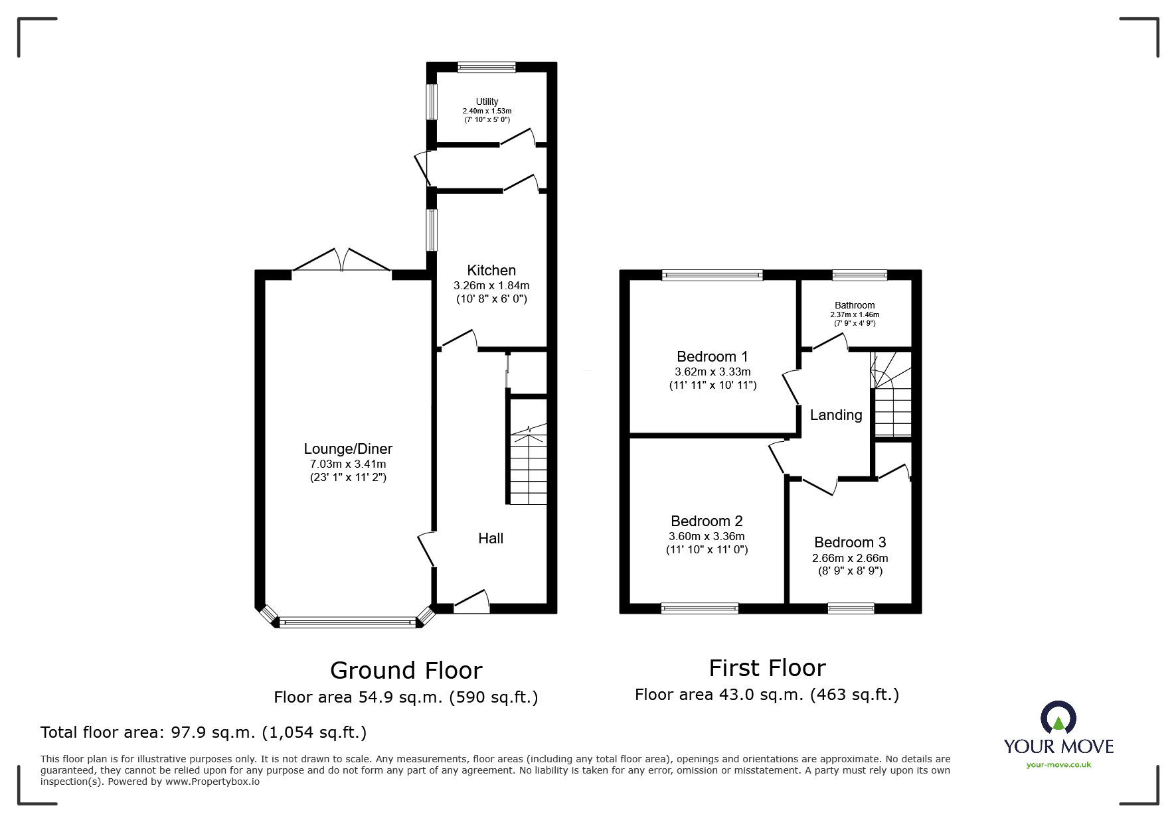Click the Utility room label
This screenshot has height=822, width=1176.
tap(487, 102)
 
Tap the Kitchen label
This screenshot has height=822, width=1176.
tap(491, 270)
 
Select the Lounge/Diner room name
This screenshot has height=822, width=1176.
tap(348, 448)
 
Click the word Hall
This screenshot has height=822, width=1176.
tap(491, 538)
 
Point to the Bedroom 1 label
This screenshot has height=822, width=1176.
tap(713, 356)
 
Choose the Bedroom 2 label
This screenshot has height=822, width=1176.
tap(707, 521)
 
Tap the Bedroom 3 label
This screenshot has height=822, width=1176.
tap(850, 542)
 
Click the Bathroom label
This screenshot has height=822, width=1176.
tap(855, 305)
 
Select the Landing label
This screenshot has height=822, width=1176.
tap(836, 415)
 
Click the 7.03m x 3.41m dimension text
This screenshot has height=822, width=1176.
tap(348, 464)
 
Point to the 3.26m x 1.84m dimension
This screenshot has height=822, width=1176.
tap(491, 285)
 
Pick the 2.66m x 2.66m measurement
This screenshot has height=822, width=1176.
tap(850, 558)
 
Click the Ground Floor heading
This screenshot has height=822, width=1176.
tap(406, 670)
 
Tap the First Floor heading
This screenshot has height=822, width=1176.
tap(767, 667)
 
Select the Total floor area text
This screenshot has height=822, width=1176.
tap(203, 732)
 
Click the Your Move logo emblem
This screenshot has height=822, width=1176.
tap(1058, 717)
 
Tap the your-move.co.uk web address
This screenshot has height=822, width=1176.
tap(1058, 765)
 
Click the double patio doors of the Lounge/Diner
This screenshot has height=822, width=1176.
tap(341, 259)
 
